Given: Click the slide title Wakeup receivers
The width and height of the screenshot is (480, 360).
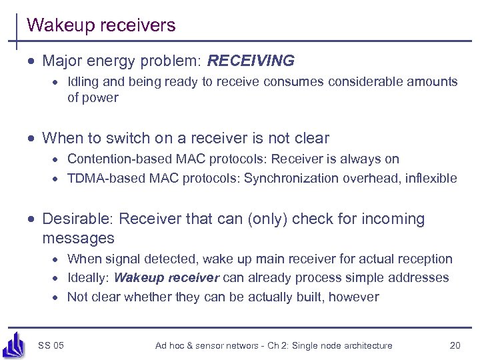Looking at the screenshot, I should tap(101, 25).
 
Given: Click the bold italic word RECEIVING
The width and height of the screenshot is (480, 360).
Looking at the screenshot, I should tap(251, 61).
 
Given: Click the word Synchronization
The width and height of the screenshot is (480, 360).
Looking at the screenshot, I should tap(291, 178).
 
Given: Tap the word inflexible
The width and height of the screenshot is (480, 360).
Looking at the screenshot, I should tap(428, 178).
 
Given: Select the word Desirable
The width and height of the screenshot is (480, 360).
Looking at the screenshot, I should tap(76, 219).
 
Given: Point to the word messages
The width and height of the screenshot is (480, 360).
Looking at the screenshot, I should tap(78, 238).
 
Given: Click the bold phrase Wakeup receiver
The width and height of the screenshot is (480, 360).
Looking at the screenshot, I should tap(167, 278).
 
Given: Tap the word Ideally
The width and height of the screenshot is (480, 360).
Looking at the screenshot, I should tap(89, 278).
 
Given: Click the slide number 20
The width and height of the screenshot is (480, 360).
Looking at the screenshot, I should tap(455, 345).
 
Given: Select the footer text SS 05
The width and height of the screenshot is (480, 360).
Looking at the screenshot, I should tap(51, 345).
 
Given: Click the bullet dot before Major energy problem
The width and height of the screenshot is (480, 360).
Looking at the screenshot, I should tap(31, 62).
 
